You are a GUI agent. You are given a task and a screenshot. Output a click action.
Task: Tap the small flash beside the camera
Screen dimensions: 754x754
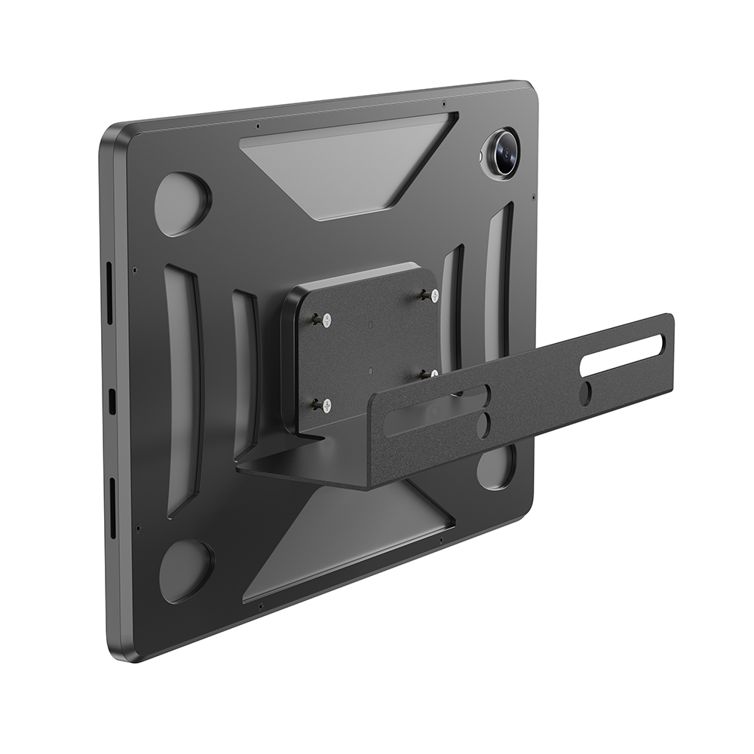pyautogui.click(x=482, y=156)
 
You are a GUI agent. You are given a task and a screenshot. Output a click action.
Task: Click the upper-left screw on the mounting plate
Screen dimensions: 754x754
pyautogui.click(x=325, y=320)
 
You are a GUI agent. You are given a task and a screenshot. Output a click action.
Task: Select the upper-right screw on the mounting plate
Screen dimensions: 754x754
pyautogui.click(x=434, y=295)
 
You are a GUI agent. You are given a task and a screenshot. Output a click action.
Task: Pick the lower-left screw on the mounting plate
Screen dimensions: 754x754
pyautogui.click(x=326, y=406)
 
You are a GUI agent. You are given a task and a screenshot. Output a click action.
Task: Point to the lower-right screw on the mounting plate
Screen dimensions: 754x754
pyautogui.click(x=434, y=374)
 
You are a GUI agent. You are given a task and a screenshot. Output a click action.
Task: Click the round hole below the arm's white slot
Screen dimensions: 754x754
pyautogui.click(x=586, y=392)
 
